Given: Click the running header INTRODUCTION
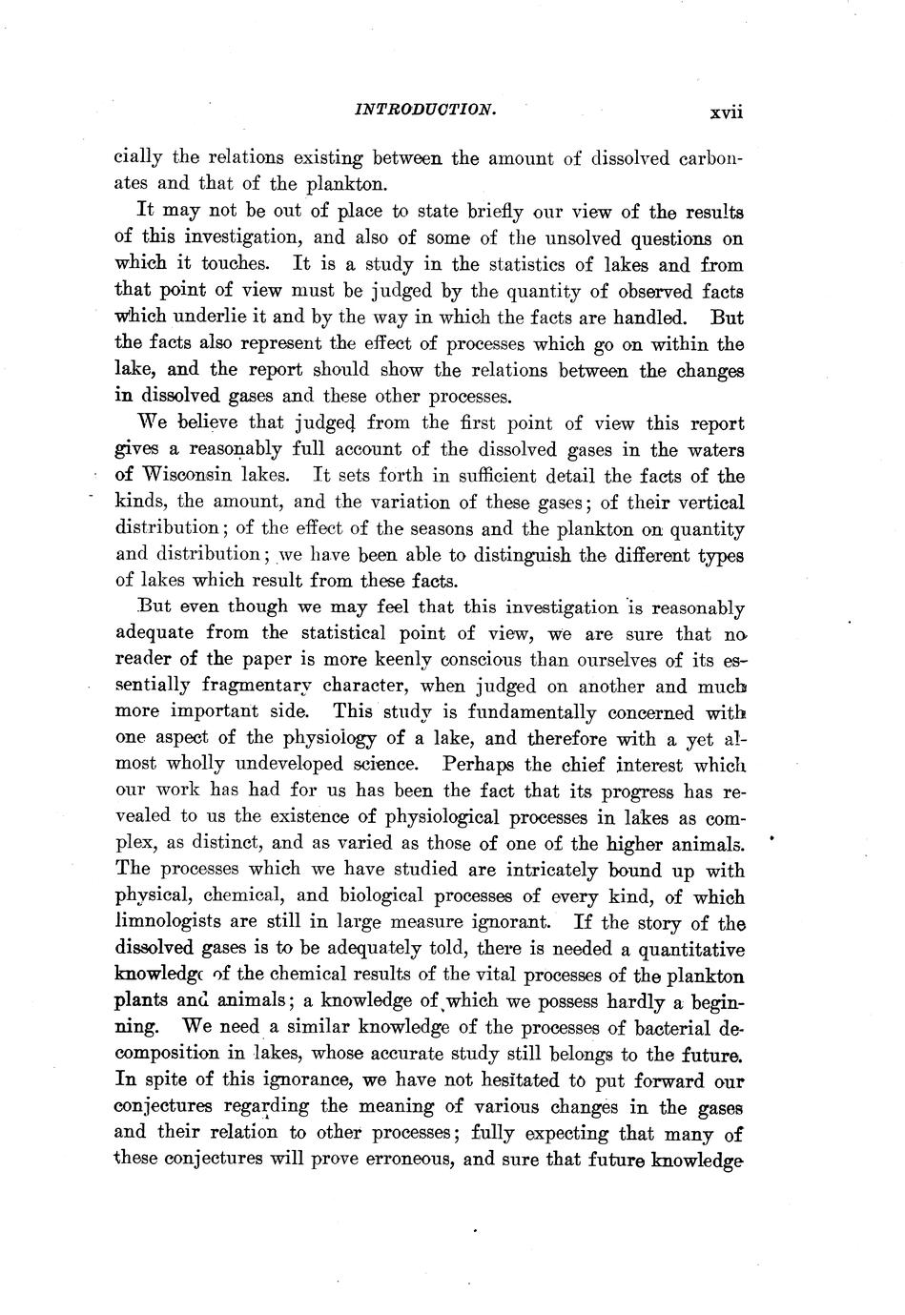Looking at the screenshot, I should (x=424, y=110).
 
